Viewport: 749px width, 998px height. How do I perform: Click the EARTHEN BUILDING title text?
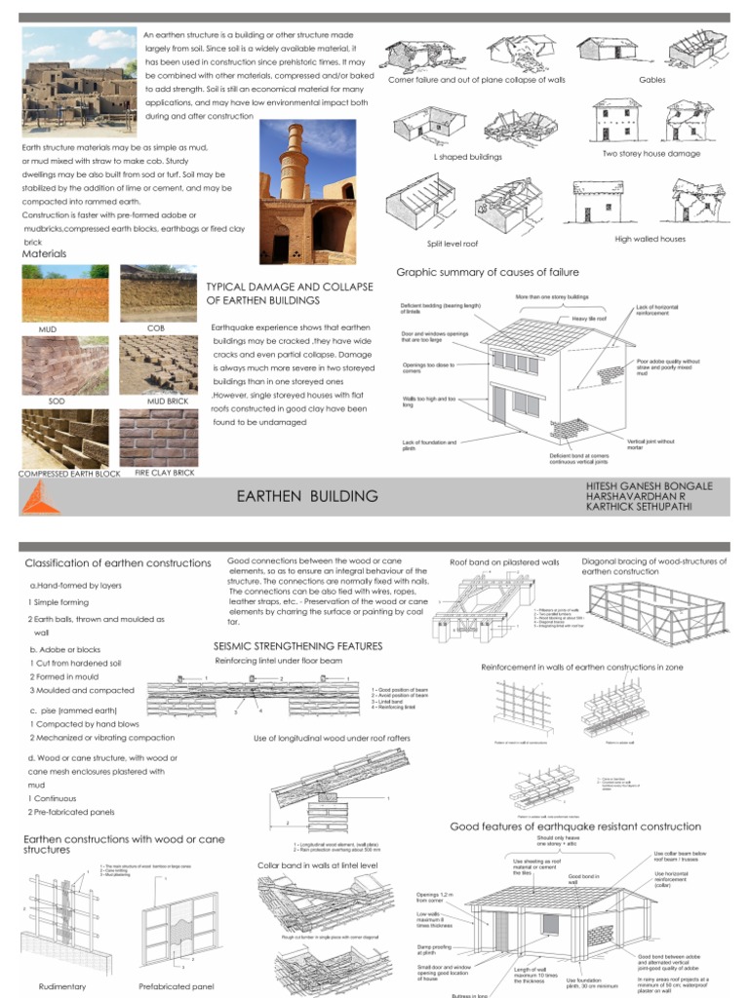click(x=307, y=496)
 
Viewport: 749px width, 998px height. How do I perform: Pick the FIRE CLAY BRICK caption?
click(x=158, y=474)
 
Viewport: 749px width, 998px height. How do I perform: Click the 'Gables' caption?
click(x=651, y=79)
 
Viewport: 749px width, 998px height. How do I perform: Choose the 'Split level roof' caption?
click(x=452, y=246)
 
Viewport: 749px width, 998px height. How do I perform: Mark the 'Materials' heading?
click(x=45, y=254)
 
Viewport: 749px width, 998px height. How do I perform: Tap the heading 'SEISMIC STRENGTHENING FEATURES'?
click(x=297, y=646)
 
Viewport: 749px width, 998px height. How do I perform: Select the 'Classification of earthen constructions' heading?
click(x=117, y=563)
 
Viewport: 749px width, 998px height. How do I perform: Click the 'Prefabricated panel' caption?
click(x=177, y=986)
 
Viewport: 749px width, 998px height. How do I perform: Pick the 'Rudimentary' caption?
click(x=62, y=986)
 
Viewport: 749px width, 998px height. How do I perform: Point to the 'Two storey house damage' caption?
click(x=650, y=153)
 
